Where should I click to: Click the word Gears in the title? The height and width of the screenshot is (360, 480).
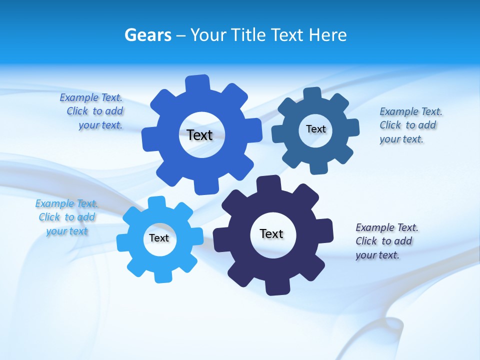148,35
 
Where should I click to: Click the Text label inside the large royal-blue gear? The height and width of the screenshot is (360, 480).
199,135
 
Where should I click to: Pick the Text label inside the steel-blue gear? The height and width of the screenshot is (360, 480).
315,129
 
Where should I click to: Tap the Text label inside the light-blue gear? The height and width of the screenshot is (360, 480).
159,238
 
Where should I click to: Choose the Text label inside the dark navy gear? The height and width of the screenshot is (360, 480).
271,233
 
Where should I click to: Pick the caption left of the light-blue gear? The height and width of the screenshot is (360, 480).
66,217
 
